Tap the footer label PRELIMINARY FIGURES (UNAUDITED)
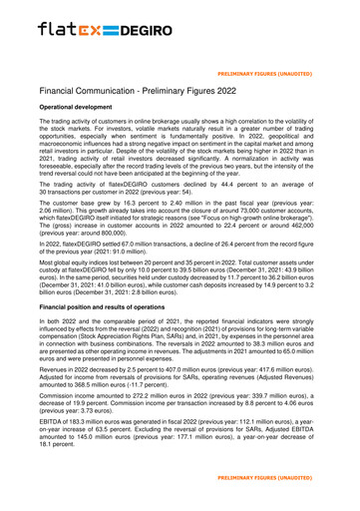tap(294, 493)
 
